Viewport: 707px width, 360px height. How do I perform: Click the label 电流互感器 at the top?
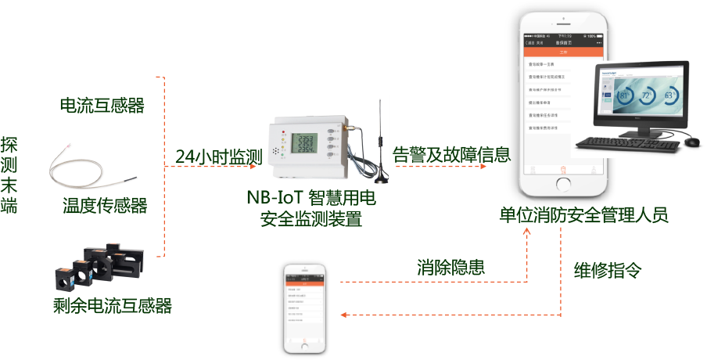pos(102,105)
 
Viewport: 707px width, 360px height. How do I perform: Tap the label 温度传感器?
pos(105,206)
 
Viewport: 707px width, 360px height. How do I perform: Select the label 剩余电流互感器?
pos(112,304)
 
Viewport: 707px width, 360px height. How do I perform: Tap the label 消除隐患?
pos(450,266)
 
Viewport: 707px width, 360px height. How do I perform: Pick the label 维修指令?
pos(607,270)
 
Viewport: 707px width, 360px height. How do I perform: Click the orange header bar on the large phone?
pos(562,51)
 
